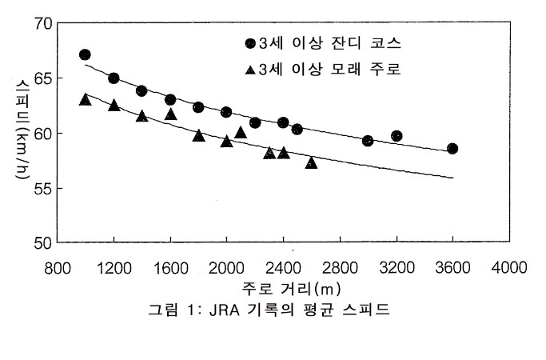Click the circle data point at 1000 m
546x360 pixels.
coord(85,54)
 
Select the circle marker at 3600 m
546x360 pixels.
coord(452,148)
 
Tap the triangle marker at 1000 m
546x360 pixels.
coord(86,99)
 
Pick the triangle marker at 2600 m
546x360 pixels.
coord(311,162)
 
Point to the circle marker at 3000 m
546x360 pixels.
coord(368,141)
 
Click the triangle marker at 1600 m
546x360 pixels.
coord(170,114)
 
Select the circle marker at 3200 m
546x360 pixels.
coord(397,136)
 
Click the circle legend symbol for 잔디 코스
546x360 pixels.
coord(250,43)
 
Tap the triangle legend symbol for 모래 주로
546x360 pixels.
coord(250,70)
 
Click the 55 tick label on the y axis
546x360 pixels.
coord(42,188)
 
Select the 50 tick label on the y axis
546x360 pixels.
coord(42,242)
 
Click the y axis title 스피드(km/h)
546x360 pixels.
coord(18,133)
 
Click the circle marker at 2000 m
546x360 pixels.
coord(226,112)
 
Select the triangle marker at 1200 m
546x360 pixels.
coord(114,105)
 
